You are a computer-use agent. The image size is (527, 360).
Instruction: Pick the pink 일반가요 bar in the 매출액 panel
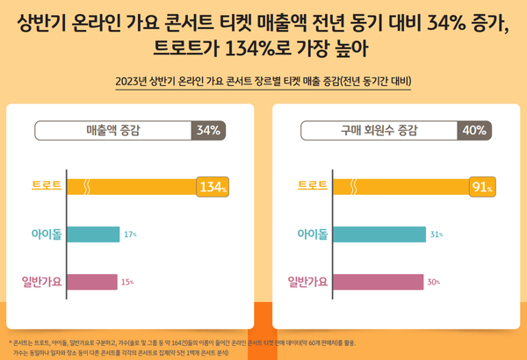pyautogui.click(x=92, y=282)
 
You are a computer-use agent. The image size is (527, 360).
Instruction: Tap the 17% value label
pyautogui.click(x=130, y=235)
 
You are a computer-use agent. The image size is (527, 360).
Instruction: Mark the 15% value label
pyautogui.click(x=127, y=283)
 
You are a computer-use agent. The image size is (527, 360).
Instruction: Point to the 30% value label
pyautogui.click(x=432, y=283)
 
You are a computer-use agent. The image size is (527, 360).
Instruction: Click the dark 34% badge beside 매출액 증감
pyautogui.click(x=208, y=131)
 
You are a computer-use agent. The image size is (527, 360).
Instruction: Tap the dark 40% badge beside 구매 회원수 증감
pyautogui.click(x=474, y=131)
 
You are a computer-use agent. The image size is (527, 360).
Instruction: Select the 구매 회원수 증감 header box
pyautogui.click(x=379, y=131)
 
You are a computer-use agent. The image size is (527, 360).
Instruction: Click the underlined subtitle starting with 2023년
pyautogui.click(x=263, y=83)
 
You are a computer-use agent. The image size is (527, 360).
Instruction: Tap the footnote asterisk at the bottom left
pyautogui.click(x=10, y=342)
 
